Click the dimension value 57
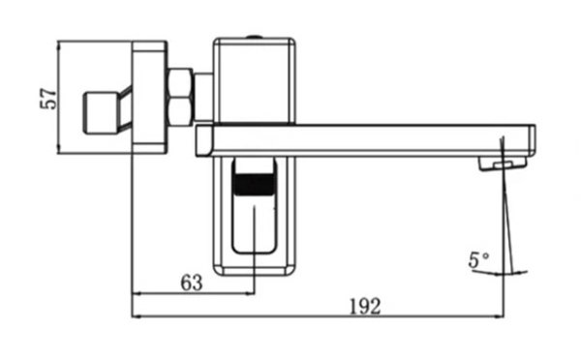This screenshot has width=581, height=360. pyautogui.click(x=49, y=99)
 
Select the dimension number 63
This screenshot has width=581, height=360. pyautogui.click(x=192, y=284)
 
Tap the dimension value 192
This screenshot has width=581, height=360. pyautogui.click(x=365, y=307)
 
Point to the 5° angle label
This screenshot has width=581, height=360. pyautogui.click(x=478, y=259)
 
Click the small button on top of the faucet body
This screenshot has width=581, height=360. pyautogui.click(x=254, y=37)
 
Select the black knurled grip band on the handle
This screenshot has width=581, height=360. pyautogui.click(x=255, y=184)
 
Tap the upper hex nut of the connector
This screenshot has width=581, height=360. pyautogui.click(x=180, y=83)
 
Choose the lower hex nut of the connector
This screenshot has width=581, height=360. pyautogui.click(x=180, y=112)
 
